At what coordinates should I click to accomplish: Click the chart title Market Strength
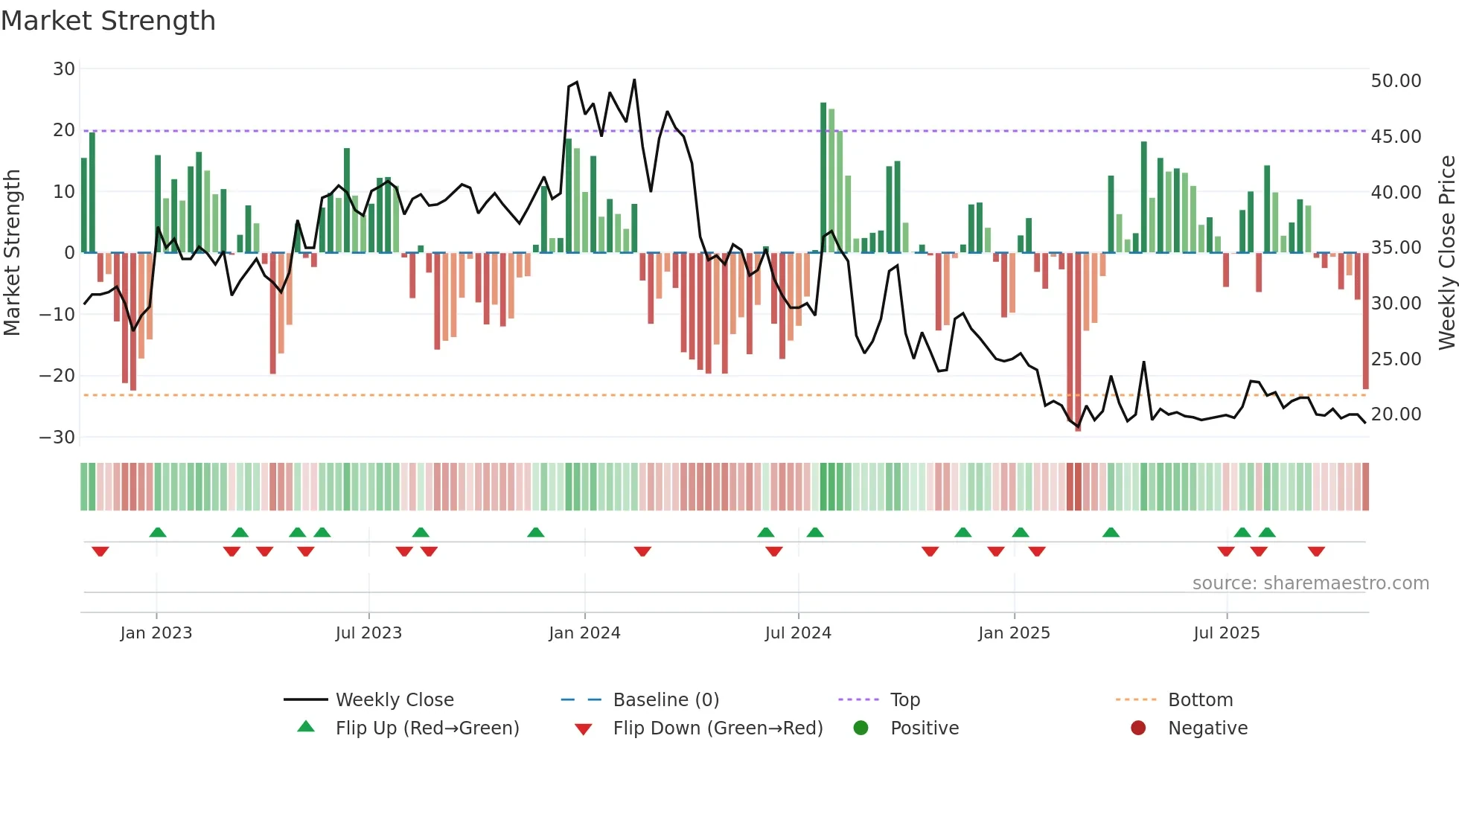[109, 21]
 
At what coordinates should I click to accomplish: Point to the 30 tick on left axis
[64, 69]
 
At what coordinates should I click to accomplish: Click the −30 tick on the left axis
[57, 438]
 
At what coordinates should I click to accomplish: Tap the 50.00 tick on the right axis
[1396, 81]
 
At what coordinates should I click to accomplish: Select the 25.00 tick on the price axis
[1396, 359]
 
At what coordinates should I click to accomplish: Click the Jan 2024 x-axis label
[584, 633]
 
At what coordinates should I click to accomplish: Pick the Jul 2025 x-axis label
[1226, 633]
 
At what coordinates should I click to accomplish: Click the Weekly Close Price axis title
[1446, 253]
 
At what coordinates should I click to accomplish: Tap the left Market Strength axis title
[13, 253]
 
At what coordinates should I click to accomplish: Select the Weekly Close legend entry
[394, 700]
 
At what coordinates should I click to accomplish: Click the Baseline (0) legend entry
[665, 700]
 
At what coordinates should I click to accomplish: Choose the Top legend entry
[904, 700]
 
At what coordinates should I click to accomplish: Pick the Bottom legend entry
[1200, 700]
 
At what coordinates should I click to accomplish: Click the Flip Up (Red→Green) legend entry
[427, 728]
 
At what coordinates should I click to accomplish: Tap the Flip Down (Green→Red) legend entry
[718, 728]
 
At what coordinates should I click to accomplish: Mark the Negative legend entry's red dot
[1138, 728]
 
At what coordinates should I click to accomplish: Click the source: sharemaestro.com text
[1310, 583]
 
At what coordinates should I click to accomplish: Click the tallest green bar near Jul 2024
[823, 179]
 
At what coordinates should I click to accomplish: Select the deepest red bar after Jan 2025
[1078, 342]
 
